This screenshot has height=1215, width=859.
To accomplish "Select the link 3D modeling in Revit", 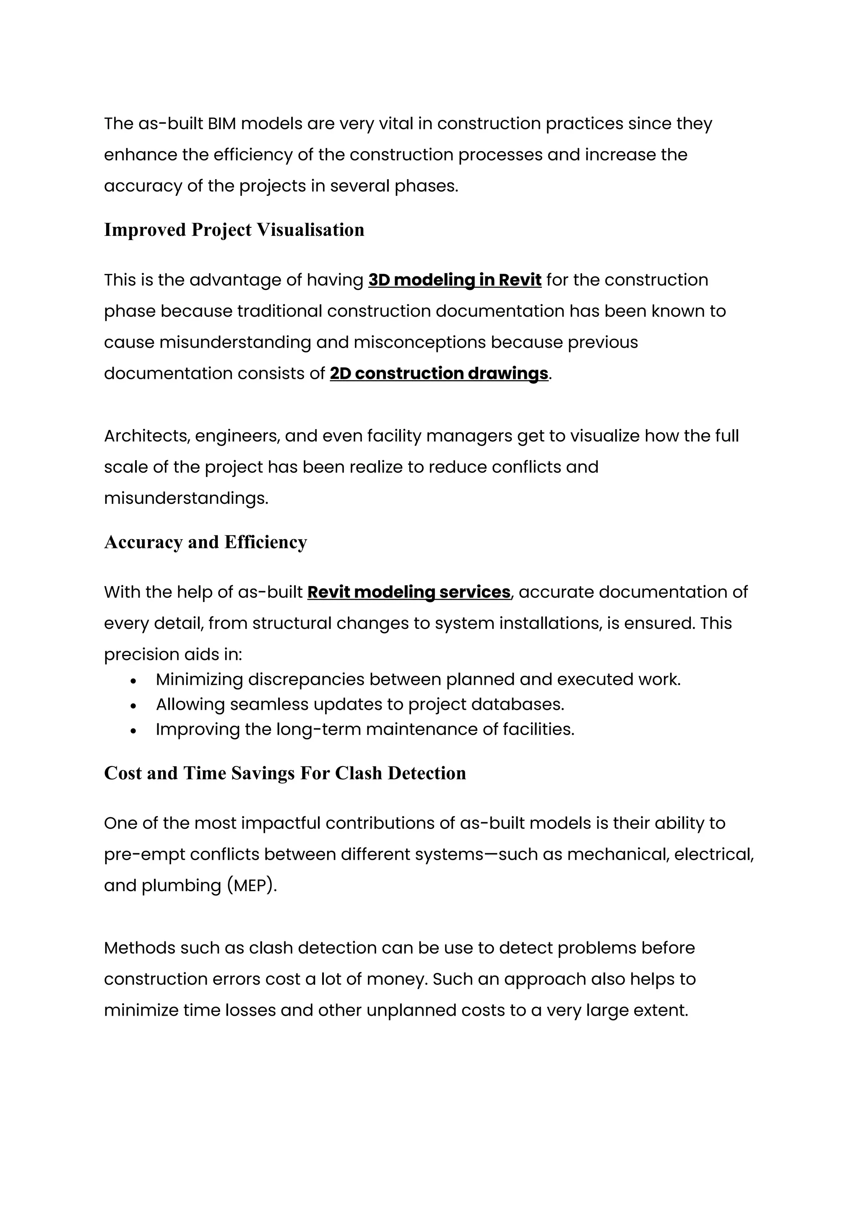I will click(454, 280).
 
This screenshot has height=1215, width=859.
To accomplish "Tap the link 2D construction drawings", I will click(438, 373).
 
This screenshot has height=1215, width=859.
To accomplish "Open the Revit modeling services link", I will click(409, 592).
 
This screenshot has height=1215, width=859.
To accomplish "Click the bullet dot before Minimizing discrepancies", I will click(133, 681).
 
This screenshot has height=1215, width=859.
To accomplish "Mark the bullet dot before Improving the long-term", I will click(133, 731).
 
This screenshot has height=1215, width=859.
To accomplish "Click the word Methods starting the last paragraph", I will click(139, 948).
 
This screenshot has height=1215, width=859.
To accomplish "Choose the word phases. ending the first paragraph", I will click(426, 186).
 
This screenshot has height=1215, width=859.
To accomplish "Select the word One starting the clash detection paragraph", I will click(120, 824).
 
